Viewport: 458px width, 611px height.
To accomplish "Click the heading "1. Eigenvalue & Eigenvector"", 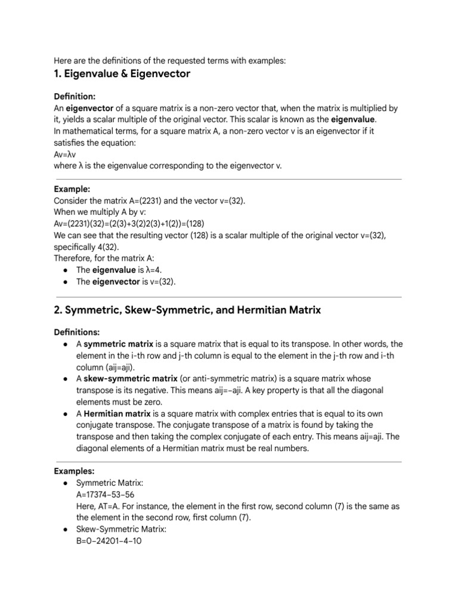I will (x=122, y=74).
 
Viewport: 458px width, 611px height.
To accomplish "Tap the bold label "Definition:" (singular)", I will (x=75, y=96).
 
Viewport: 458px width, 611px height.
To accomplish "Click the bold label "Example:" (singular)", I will (x=72, y=189).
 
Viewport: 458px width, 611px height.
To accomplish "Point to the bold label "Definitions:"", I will (x=77, y=332).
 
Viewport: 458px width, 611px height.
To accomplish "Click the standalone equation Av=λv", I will (x=64, y=154).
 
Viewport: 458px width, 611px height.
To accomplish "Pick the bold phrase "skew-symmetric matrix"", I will (x=131, y=379).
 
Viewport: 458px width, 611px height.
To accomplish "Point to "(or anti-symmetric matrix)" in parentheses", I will (x=229, y=379).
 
